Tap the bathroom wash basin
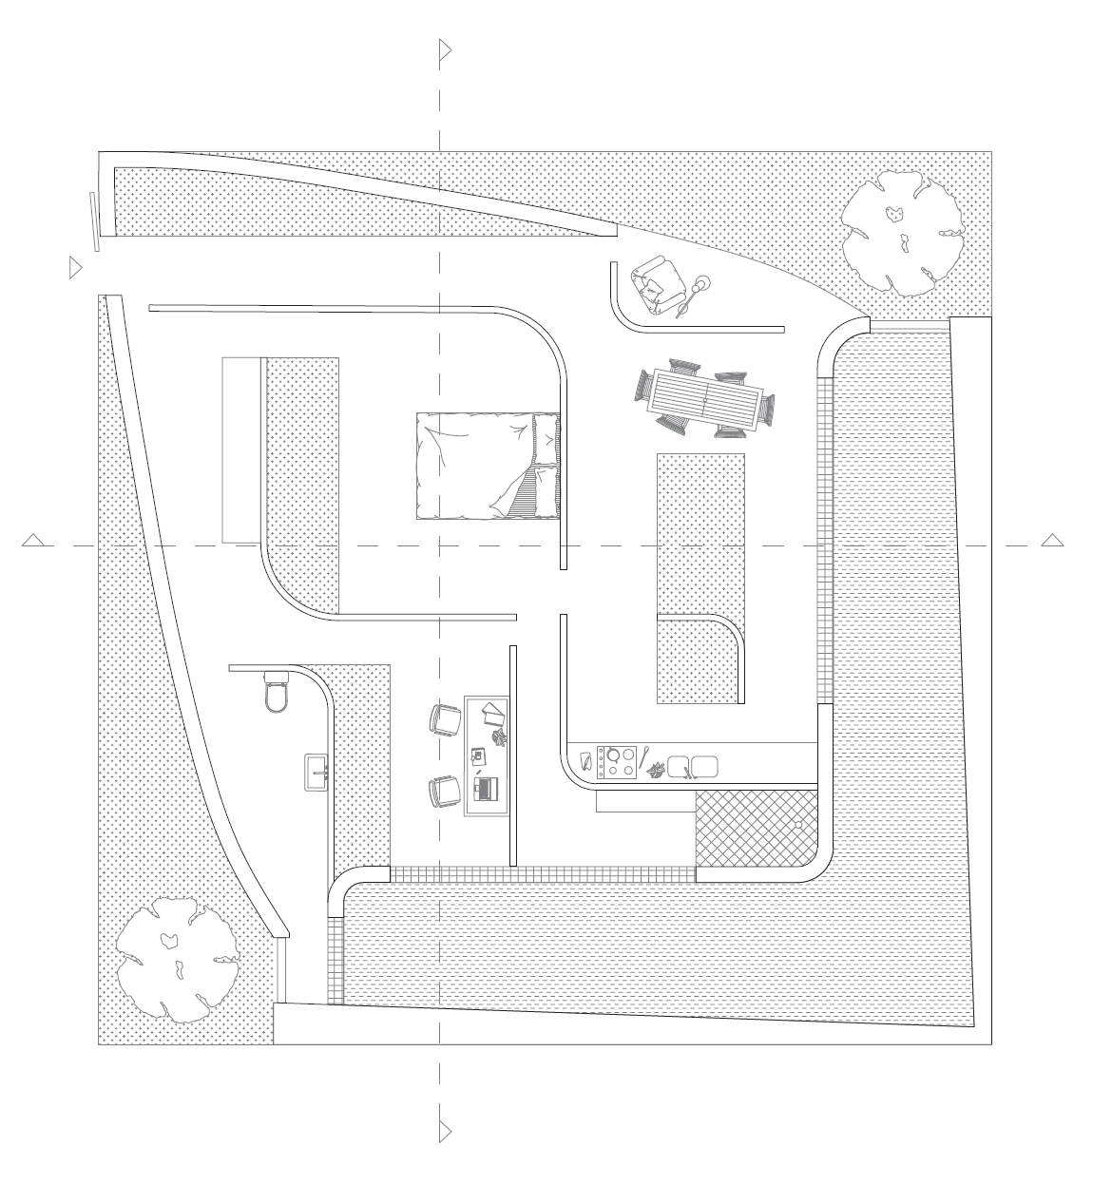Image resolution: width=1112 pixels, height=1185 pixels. point(316,772)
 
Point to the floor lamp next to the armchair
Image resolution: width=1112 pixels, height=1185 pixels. point(702,284)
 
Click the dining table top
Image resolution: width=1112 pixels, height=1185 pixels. point(705,399)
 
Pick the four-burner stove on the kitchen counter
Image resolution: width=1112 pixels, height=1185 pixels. point(616,763)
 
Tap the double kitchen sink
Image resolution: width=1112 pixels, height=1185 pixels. point(692,766)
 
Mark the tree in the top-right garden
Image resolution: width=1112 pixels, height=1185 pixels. point(902,231)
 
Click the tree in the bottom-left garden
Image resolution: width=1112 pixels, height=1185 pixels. point(176,960)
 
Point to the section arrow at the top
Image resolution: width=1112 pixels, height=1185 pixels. point(444,50)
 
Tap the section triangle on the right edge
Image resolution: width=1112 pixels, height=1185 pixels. point(1051,541)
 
